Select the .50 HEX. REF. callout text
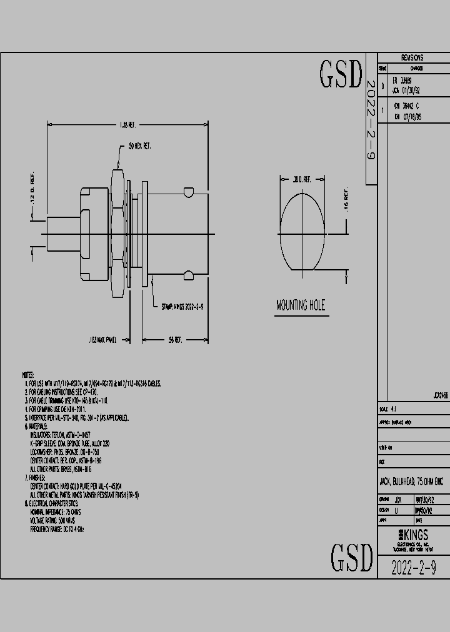[139, 146]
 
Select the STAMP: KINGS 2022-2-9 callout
[182, 307]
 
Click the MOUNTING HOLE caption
[301, 305]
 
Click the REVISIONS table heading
[412, 57]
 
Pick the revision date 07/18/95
[410, 116]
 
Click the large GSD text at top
[341, 74]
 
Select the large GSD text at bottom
[351, 558]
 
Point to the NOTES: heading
[27, 375]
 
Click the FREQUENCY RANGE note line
[57, 529]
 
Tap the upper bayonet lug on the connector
[187, 190]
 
